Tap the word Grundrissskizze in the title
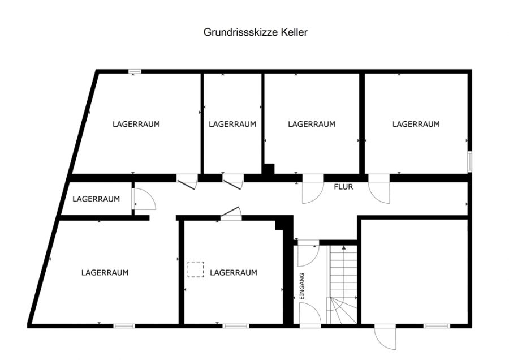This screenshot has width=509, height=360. tap(240, 32)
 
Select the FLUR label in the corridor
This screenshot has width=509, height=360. tap(343, 187)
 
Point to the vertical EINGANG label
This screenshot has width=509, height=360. tap(302, 286)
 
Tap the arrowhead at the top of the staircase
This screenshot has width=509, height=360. tap(344, 248)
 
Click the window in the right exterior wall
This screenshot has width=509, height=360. tap(469, 161)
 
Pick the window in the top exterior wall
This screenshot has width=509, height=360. tap(135, 71)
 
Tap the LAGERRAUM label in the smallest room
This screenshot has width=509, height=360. tap(96, 199)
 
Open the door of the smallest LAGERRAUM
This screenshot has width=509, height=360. tap(144, 199)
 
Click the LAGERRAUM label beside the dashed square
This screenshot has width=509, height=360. tap(234, 273)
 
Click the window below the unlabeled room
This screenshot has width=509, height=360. tap(437, 326)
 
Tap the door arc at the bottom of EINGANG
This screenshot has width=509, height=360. tap(310, 313)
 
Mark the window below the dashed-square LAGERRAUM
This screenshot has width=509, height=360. tap(236, 326)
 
